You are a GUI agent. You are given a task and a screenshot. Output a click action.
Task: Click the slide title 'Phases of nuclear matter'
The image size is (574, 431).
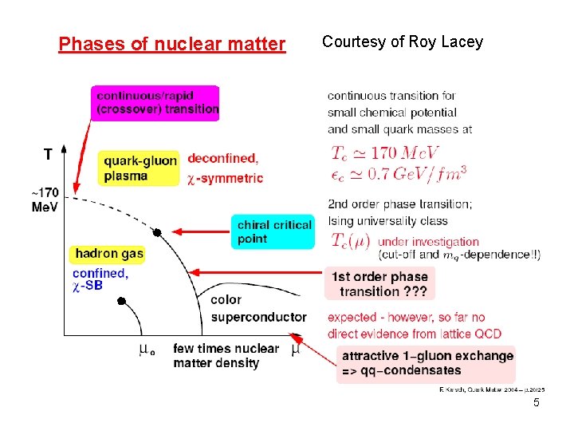tap(171, 44)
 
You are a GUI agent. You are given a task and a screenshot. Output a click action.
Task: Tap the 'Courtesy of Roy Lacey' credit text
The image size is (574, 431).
tap(403, 42)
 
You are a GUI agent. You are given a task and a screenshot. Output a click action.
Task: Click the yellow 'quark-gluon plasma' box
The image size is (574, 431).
tap(140, 168)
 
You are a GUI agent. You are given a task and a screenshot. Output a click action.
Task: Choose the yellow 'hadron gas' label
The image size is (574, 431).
tap(109, 254)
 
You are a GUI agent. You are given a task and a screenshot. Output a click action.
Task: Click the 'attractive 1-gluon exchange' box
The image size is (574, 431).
tap(427, 363)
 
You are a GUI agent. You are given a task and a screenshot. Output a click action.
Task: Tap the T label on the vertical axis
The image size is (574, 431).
tap(49, 154)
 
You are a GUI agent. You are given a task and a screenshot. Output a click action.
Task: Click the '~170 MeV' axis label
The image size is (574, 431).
tap(45, 200)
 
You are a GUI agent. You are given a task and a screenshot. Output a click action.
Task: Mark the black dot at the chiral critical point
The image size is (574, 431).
tap(157, 232)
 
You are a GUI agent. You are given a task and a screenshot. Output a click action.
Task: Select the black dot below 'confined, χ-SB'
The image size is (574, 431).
tap(121, 301)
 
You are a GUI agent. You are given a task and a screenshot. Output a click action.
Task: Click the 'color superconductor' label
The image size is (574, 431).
tap(258, 309)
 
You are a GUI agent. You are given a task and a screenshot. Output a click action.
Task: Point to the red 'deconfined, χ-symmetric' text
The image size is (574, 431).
tap(225, 168)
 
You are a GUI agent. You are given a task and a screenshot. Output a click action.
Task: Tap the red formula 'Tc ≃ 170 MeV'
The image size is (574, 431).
tap(384, 152)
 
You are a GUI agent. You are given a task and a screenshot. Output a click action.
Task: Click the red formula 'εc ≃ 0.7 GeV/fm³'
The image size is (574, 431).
tap(398, 173)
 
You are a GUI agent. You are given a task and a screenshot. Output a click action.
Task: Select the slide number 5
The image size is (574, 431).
tap(537, 402)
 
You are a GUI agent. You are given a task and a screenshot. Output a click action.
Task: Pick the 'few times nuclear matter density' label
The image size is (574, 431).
tap(226, 356)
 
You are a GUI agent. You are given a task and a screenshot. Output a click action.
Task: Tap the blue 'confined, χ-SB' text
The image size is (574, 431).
tap(100, 279)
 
